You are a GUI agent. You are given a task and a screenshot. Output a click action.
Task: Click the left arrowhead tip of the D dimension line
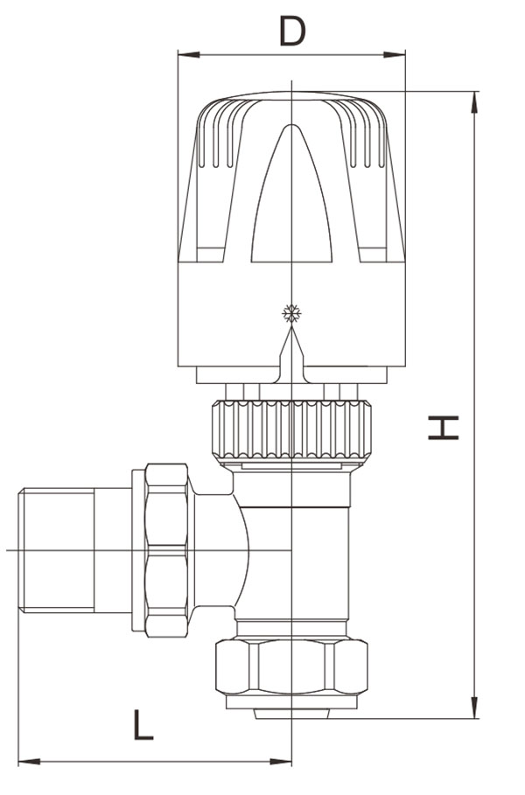click(178, 55)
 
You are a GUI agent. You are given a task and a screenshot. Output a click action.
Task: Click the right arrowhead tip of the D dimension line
click(405, 55)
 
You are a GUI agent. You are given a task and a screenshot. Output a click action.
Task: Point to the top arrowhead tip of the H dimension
click(475, 92)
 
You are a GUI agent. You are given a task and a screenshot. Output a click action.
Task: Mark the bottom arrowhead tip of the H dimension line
click(475, 718)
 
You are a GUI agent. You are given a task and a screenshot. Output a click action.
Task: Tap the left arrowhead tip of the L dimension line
click(18, 761)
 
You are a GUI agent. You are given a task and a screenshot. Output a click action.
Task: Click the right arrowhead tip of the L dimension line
click(291, 761)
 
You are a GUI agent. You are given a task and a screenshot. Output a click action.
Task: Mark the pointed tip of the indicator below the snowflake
click(291, 326)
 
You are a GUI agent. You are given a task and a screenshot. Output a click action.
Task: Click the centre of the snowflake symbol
click(291, 313)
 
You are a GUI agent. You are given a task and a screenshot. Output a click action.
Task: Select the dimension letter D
click(292, 31)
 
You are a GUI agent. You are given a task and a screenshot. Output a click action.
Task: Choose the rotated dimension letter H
click(444, 428)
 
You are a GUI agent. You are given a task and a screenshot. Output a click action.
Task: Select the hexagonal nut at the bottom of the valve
click(291, 666)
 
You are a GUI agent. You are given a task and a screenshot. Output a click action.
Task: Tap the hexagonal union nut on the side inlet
click(167, 550)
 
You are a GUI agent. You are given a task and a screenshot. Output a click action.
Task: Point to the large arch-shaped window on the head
click(291, 193)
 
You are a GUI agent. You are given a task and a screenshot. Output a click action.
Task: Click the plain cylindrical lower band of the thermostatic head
click(291, 314)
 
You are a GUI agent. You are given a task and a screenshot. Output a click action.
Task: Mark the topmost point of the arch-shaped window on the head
click(291, 124)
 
